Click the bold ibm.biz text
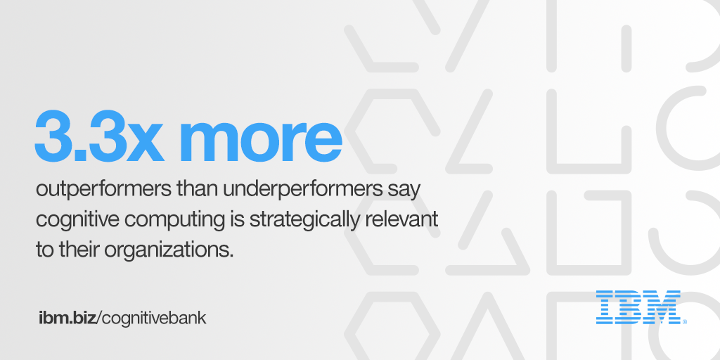click(67, 318)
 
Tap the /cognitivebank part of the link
click(152, 318)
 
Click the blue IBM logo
click(638, 307)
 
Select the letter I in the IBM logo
click(605, 307)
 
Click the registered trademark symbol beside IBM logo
click(684, 322)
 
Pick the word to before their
click(44, 250)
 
